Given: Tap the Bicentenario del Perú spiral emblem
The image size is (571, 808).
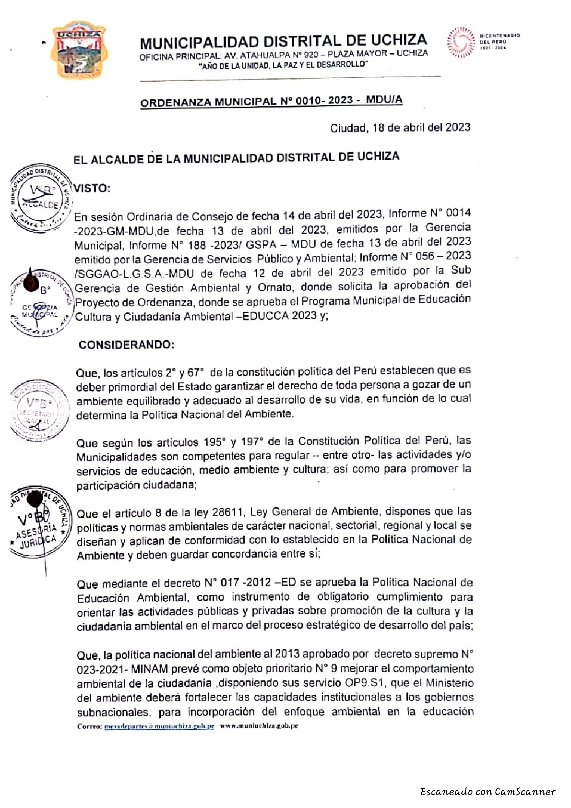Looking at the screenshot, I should click(460, 43).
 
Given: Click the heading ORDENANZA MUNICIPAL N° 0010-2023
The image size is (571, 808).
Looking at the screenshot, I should click(271, 101).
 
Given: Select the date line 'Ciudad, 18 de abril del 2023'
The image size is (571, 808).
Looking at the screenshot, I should click(400, 128).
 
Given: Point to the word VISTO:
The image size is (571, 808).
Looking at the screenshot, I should click(92, 188).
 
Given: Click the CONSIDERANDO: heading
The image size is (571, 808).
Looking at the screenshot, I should click(127, 345).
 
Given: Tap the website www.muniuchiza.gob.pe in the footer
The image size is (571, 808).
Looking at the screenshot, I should click(259, 726).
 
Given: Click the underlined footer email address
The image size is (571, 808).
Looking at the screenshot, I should click(159, 726).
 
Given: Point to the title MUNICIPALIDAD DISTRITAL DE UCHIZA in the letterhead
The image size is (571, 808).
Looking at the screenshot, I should click(283, 42).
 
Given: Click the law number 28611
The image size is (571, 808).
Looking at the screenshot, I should click(228, 512).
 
